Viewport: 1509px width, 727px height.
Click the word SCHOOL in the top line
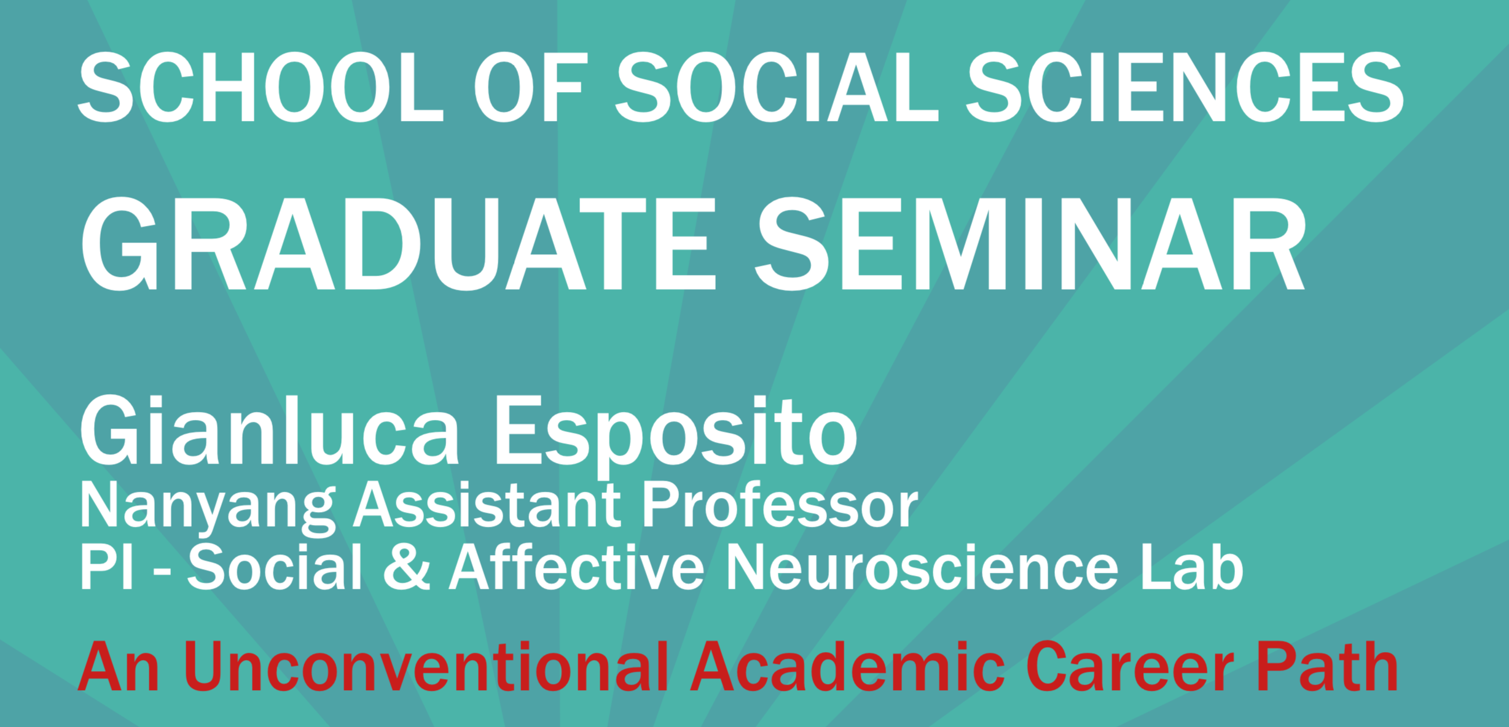point(261,87)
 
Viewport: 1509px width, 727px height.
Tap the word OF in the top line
point(528,87)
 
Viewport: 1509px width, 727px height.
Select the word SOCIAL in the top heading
point(777,87)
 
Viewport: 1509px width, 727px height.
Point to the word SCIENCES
point(1185,87)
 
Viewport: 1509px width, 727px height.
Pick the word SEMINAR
point(1030,244)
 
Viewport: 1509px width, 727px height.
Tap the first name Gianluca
point(270,431)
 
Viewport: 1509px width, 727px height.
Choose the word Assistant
point(487,505)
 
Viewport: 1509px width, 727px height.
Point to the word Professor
point(780,505)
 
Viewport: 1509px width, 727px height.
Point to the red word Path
point(1328,667)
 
